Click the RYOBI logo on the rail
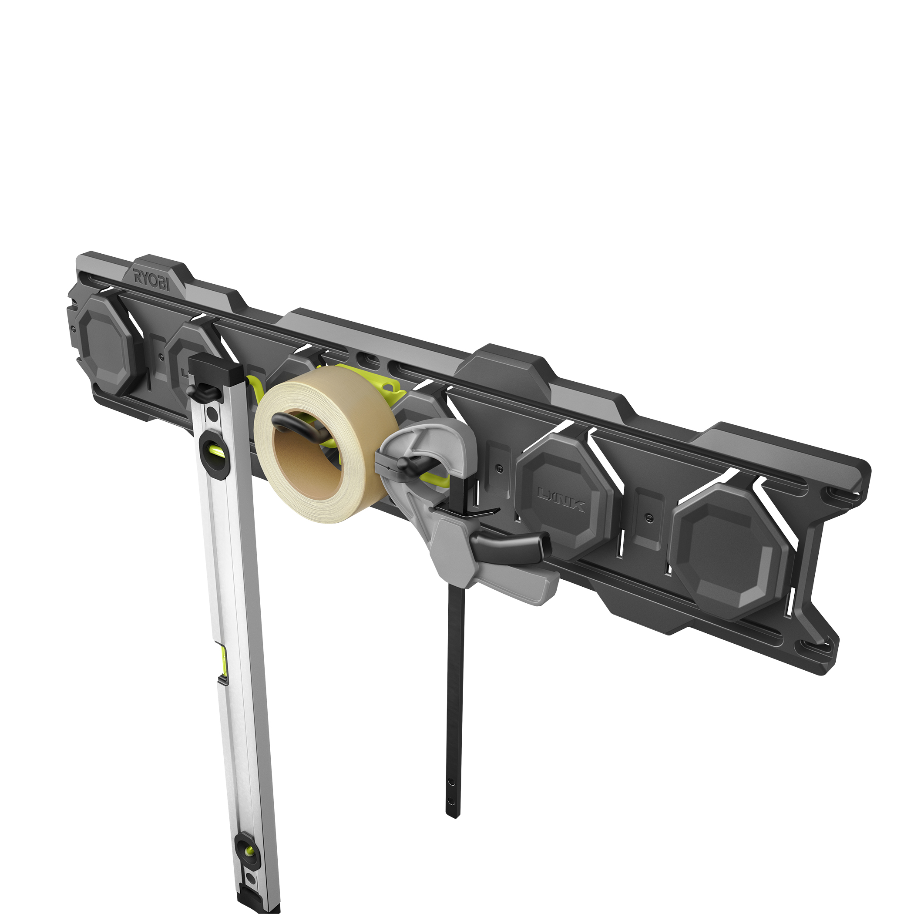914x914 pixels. pyautogui.click(x=151, y=279)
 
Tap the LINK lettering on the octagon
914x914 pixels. pyautogui.click(x=561, y=500)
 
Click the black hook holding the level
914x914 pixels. pyautogui.click(x=201, y=390)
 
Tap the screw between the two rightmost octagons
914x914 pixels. pyautogui.click(x=649, y=517)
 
